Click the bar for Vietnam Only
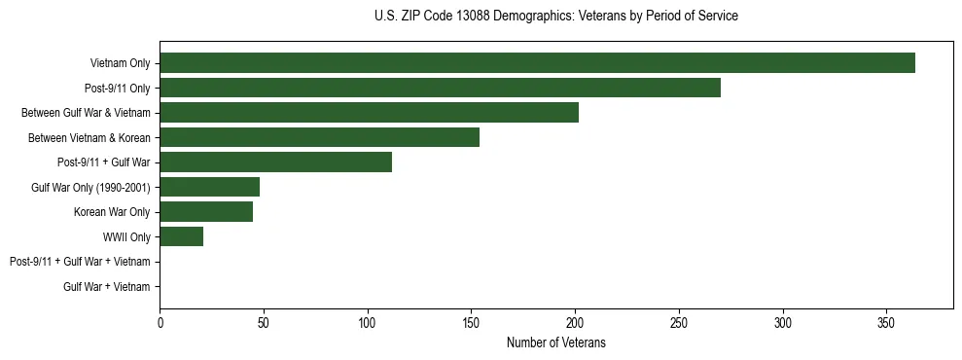point(537,63)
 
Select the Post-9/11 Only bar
point(440,88)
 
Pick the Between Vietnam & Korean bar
point(319,137)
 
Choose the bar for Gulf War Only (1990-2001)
point(209,187)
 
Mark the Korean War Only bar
point(206,212)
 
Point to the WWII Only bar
point(181,236)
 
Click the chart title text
point(555,16)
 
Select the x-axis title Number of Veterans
point(555,342)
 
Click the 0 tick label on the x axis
point(160,322)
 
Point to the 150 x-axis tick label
point(471,322)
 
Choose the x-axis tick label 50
point(264,322)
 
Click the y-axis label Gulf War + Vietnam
point(106,287)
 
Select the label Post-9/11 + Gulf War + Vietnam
point(80,262)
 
